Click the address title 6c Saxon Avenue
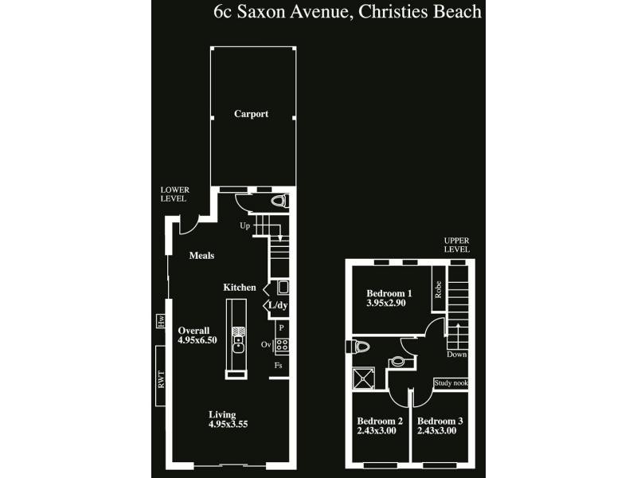[x=348, y=12]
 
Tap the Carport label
[x=251, y=114]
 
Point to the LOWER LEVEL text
[x=174, y=194]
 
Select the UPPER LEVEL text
[x=457, y=245]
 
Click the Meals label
[x=201, y=256]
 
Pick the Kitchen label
[x=239, y=288]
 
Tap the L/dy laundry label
[x=277, y=305]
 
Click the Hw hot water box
[x=160, y=322]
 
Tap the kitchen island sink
[x=237, y=343]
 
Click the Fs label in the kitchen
[x=278, y=366]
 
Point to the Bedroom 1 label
[x=389, y=293]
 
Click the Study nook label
[x=451, y=383]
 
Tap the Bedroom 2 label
[x=379, y=421]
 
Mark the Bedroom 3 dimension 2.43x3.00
[x=439, y=431]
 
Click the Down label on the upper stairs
[x=456, y=354]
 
